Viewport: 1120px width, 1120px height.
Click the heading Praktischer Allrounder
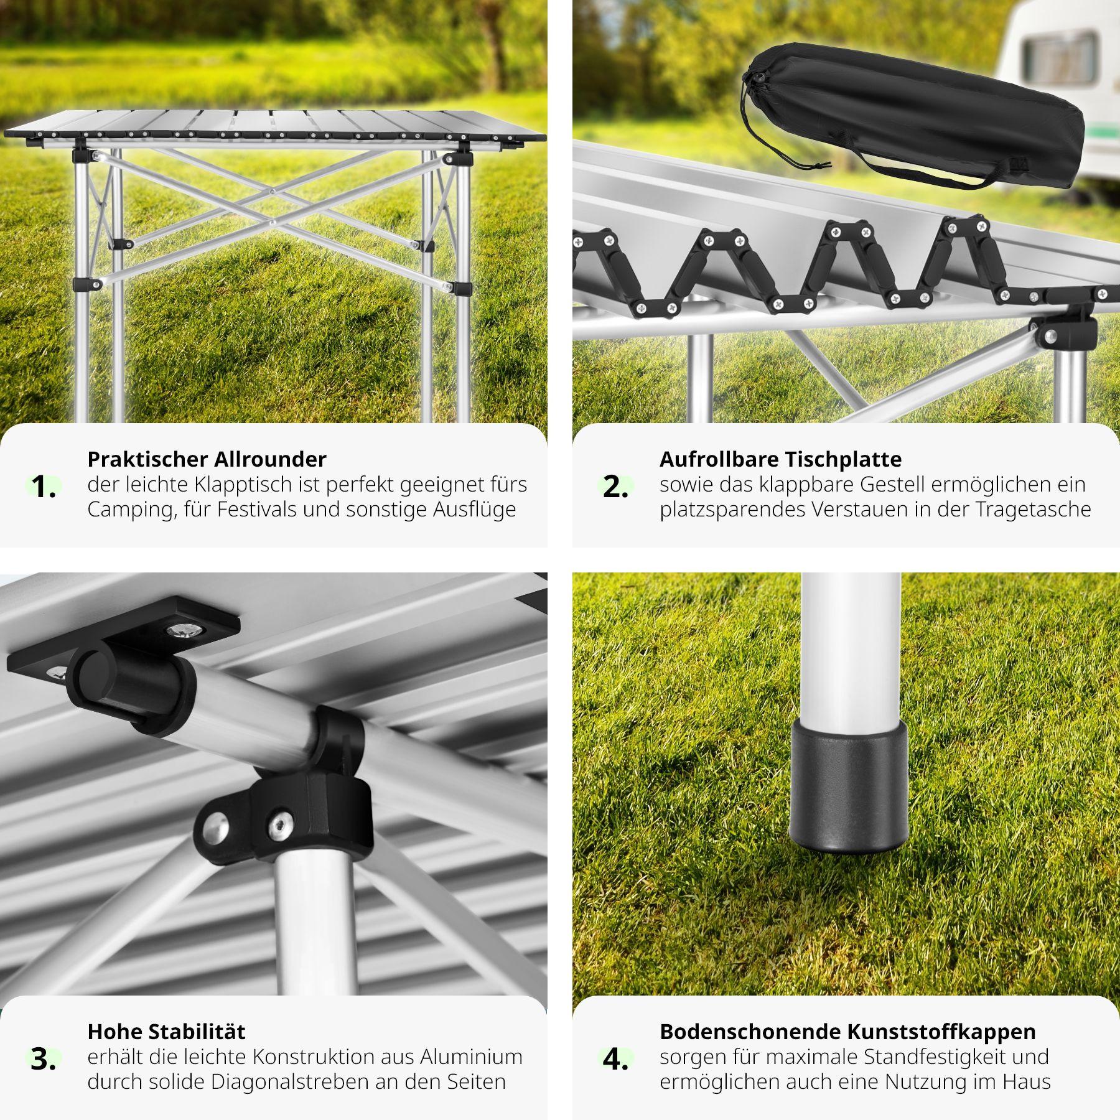coord(207,459)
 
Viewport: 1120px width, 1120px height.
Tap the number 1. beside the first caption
coord(44,487)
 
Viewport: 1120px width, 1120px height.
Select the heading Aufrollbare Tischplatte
coord(780,459)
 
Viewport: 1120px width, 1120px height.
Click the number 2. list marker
coord(615,487)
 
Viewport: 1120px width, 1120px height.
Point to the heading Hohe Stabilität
coord(166,1032)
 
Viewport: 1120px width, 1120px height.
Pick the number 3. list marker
coord(44,1059)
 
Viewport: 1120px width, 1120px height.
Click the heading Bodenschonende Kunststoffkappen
coord(847,1032)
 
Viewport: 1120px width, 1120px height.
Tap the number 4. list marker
coord(615,1059)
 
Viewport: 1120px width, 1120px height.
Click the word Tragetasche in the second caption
coord(1034,510)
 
